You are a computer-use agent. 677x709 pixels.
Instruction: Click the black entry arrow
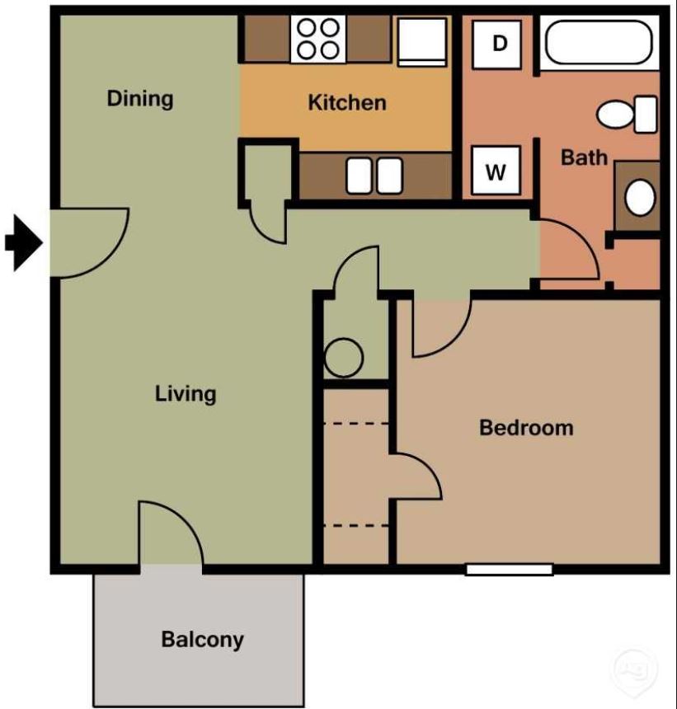[24, 242]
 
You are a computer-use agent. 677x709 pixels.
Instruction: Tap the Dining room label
[140, 99]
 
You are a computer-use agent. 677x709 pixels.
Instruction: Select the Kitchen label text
[346, 103]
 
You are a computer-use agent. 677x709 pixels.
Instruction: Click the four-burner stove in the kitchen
[318, 39]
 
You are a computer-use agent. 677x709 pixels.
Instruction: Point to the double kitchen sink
[374, 176]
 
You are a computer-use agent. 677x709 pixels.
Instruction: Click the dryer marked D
[497, 44]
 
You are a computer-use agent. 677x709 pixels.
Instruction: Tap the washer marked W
[496, 171]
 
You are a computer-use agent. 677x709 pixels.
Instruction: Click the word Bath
[584, 157]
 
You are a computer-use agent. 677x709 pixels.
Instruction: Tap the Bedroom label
[526, 428]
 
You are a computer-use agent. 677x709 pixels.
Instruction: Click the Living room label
[186, 393]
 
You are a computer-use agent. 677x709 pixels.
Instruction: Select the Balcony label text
[202, 640]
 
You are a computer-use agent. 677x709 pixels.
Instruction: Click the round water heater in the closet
[343, 359]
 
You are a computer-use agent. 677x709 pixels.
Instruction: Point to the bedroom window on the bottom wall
[509, 569]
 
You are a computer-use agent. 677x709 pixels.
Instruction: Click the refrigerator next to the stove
[422, 40]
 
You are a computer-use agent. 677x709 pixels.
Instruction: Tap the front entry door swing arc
[91, 243]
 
